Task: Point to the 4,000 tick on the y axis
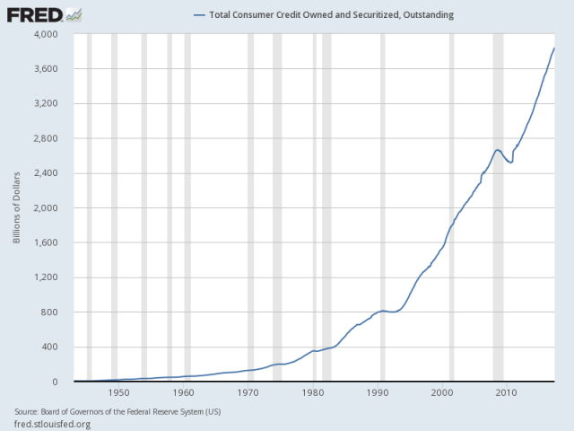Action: pos(45,34)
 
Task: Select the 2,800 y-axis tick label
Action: pos(45,138)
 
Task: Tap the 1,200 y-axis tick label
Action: pos(45,277)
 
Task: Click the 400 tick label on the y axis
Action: pos(50,347)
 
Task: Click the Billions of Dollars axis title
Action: pos(16,208)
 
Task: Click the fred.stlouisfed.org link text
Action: pos(53,423)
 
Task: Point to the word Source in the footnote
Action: pos(28,411)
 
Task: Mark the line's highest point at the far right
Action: pos(553,48)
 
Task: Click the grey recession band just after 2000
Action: pos(451,207)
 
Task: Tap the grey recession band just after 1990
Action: pos(382,207)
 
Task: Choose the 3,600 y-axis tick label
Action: pos(45,69)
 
